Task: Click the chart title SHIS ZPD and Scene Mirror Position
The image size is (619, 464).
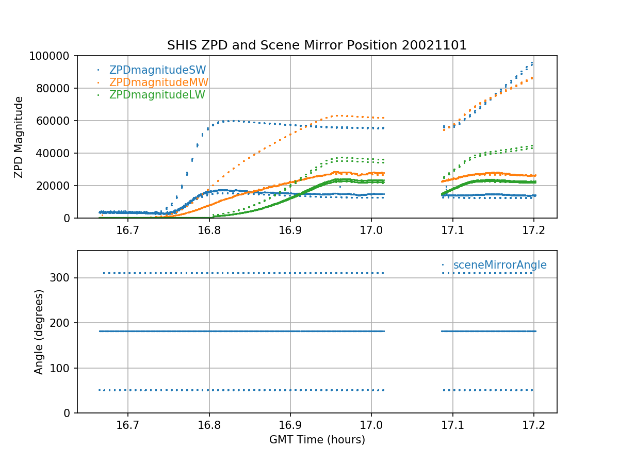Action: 317,45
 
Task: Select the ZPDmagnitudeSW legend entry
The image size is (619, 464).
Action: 157,70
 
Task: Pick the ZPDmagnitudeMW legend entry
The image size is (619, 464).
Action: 158,82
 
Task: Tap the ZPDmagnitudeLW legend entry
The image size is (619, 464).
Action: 157,95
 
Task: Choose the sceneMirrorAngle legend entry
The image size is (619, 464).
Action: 499,265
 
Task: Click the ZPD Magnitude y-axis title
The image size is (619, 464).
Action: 19,137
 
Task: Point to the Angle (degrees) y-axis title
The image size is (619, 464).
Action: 39,332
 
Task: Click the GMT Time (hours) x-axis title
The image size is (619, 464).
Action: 317,440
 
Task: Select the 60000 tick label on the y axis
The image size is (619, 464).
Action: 55,121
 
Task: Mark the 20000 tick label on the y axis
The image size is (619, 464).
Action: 55,186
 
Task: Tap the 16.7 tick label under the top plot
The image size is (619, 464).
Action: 128,230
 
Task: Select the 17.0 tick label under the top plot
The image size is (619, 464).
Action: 371,230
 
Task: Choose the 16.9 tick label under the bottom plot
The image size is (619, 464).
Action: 290,425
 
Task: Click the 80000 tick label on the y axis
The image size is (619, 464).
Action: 55,88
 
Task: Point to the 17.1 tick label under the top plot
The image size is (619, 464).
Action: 452,230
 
